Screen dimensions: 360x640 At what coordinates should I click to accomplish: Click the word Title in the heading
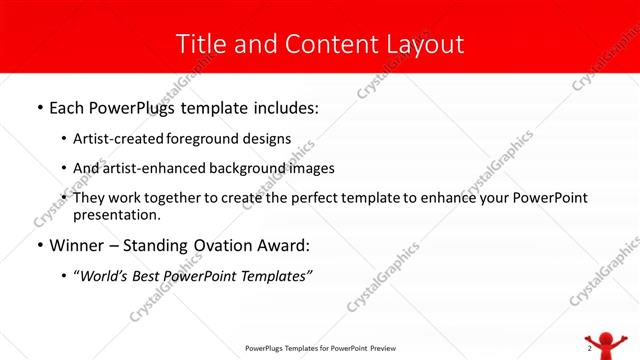[200, 44]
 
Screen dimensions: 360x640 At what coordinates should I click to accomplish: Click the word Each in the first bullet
[68, 105]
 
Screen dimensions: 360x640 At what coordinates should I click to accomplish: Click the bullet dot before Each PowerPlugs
[39, 106]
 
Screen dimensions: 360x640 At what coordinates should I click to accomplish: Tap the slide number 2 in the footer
[589, 349]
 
